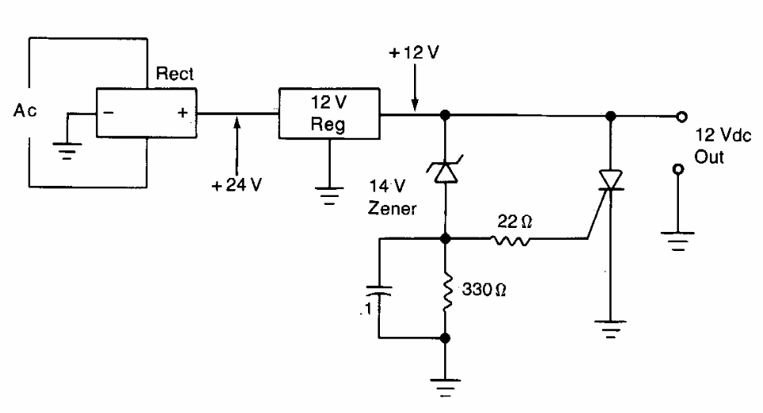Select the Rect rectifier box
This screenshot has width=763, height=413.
(x=146, y=114)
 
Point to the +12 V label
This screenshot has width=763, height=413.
(x=413, y=56)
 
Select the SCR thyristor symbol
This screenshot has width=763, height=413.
(x=609, y=180)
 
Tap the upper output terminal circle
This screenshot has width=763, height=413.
(x=680, y=116)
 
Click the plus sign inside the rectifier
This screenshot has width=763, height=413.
(x=182, y=114)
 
